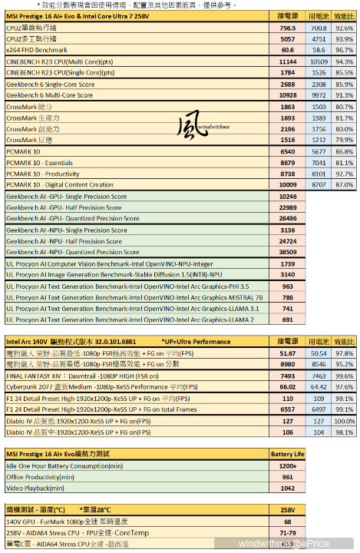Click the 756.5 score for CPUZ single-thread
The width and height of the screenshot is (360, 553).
coord(288,27)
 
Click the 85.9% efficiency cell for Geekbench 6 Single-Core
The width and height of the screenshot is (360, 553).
coord(344,84)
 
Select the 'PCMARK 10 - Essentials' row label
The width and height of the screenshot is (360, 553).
coord(39,163)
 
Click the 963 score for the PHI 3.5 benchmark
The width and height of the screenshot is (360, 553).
coord(288,286)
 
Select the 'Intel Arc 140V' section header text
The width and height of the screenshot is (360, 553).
coord(25,340)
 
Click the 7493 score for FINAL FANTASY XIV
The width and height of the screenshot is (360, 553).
coord(288,376)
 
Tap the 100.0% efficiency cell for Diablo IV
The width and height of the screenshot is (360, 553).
coord(344,422)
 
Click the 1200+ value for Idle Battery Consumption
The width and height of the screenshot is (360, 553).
coord(288,465)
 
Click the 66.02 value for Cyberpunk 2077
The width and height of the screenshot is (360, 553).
coord(288,388)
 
